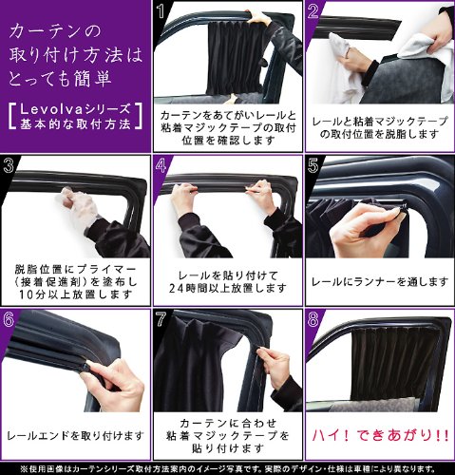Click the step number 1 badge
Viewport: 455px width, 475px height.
tap(161, 12)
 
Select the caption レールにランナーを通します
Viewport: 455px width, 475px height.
tap(379, 281)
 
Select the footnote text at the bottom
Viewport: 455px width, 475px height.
tap(227, 467)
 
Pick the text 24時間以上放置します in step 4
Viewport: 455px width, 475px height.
tap(227, 289)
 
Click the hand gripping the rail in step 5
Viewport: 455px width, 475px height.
tap(361, 228)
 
